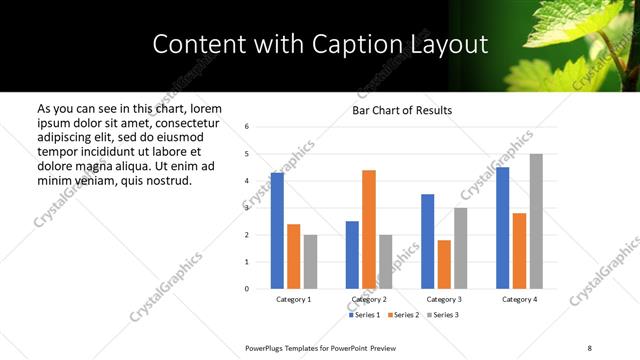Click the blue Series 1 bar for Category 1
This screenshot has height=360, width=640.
277,231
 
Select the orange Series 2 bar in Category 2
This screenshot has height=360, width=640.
369,229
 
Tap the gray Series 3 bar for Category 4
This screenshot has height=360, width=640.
536,221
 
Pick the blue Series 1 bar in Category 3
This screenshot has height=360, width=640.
428,241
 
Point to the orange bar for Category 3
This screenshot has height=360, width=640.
444,264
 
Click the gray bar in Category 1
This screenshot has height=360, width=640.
310,261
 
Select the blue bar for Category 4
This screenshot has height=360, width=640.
503,227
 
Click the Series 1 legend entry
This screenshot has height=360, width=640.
365,315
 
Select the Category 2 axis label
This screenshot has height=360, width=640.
369,299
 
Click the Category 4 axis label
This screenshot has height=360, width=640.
519,299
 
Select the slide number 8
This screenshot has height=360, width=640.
590,347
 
